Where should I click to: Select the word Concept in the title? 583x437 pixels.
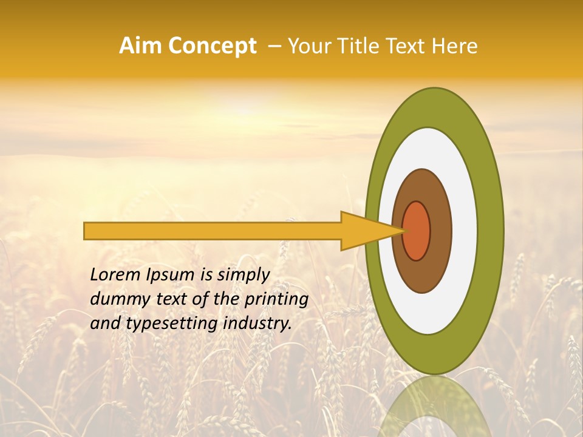point(212,46)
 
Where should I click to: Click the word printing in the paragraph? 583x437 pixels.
point(277,300)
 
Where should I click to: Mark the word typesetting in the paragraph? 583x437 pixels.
point(163,324)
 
